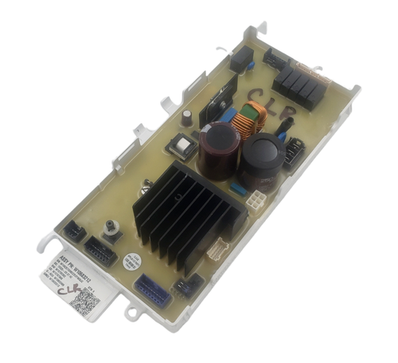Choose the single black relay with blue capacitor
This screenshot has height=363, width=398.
[241, 58]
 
